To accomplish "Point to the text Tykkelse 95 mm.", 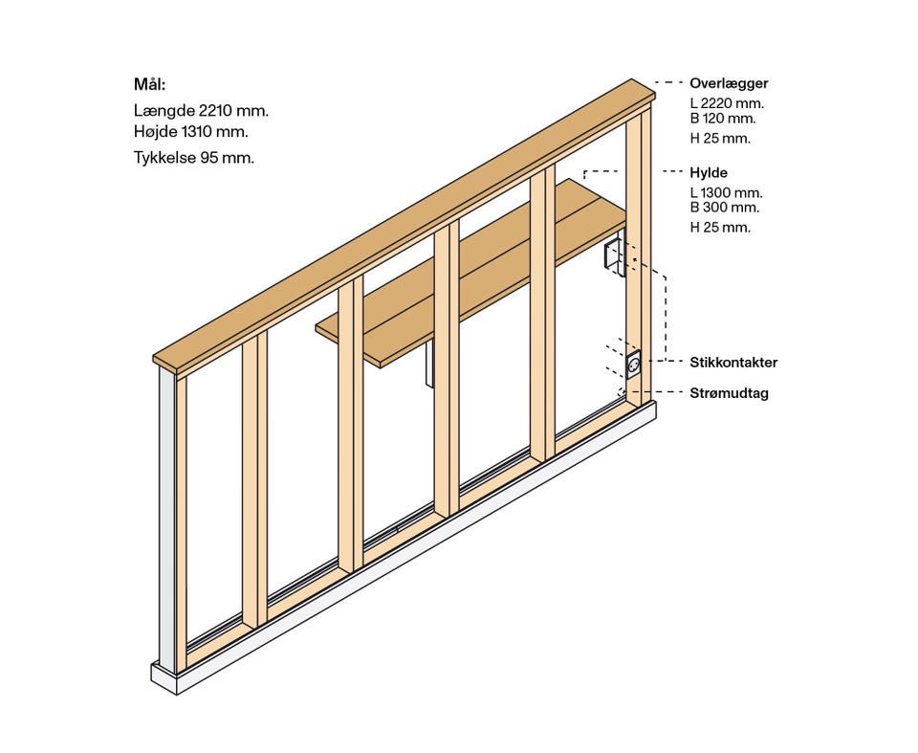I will tap(194, 158).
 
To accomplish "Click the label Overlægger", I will tap(729, 83).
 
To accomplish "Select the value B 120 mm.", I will tap(723, 119).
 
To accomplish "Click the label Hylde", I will tap(709, 173).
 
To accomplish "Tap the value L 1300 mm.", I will tap(726, 192).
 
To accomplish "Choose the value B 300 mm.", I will tap(725, 207).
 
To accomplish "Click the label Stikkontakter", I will tap(733, 363).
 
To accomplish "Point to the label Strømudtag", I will tap(729, 392).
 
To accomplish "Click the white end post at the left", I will tap(168, 517).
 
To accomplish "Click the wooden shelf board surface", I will tap(478, 268).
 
